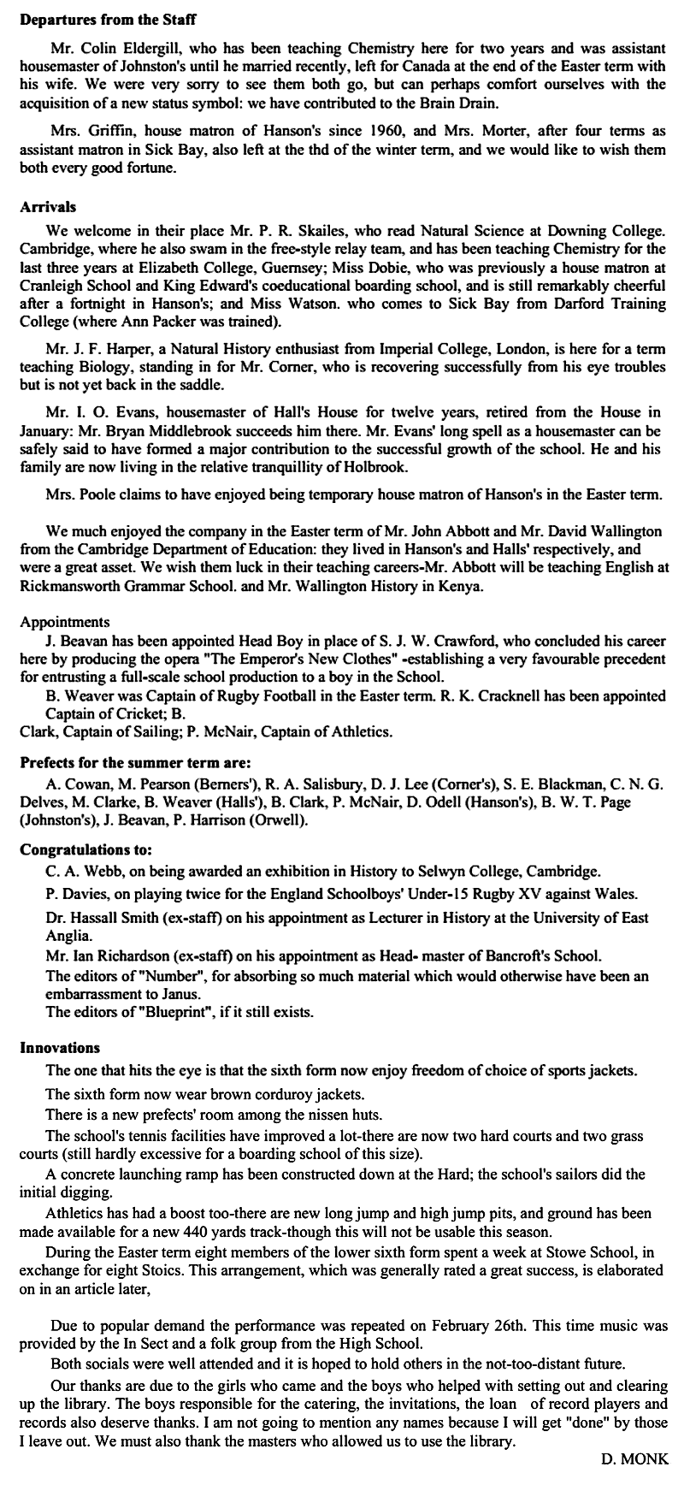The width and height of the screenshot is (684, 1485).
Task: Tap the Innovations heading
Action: [x=60, y=1048]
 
